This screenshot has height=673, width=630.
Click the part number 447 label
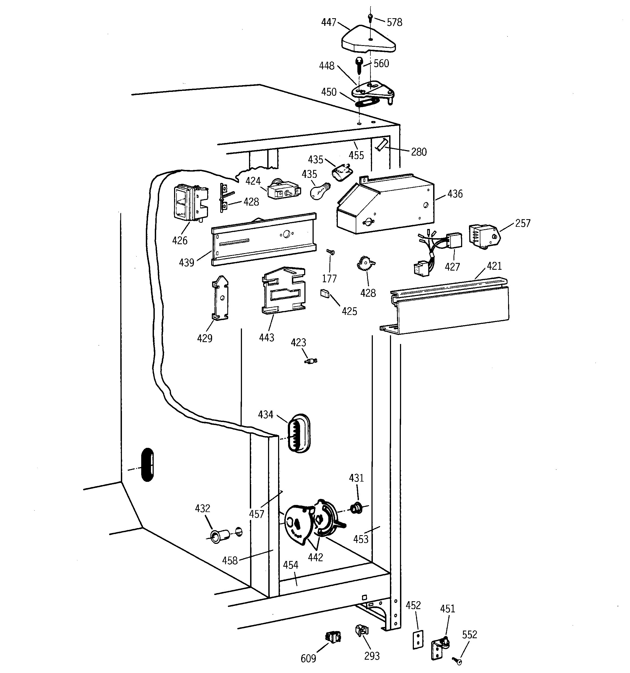coord(328,22)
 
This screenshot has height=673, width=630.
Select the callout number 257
coord(522,223)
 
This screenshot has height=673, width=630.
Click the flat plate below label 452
coord(418,640)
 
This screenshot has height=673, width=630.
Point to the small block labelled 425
coord(325,293)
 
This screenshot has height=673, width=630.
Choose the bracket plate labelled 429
coord(220,298)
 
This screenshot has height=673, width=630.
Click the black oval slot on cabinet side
coord(147,464)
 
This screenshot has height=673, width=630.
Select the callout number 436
coord(455,194)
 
